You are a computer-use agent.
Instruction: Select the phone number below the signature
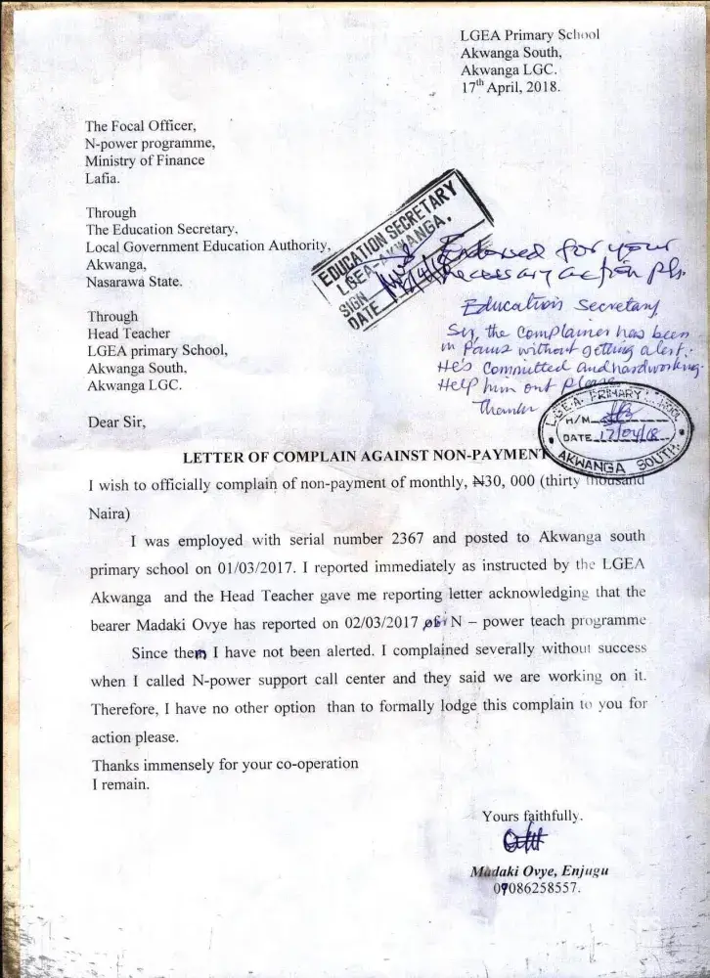tap(535, 890)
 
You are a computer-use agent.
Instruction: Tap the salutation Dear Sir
tap(118, 423)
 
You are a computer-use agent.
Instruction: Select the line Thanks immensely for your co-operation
tap(224, 764)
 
